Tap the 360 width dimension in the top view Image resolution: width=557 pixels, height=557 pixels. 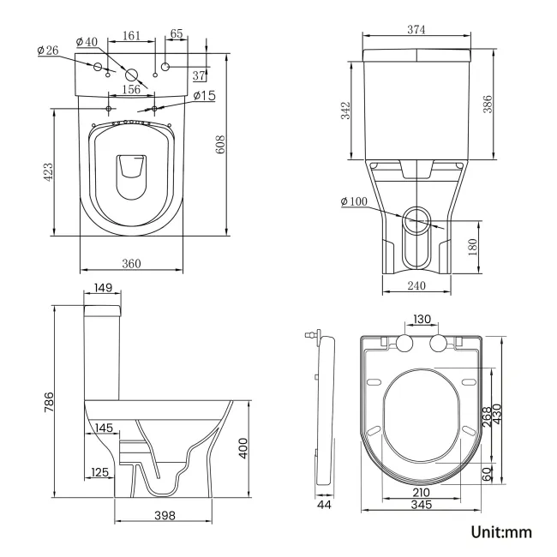coord(131,263)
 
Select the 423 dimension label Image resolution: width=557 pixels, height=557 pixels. coord(49,171)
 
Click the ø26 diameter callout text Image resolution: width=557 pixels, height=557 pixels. coord(47,51)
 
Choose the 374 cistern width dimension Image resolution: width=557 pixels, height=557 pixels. coord(417,30)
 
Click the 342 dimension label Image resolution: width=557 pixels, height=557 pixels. coord(345,111)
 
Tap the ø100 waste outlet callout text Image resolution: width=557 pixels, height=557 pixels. coord(354,201)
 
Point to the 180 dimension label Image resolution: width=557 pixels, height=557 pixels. coord(472,247)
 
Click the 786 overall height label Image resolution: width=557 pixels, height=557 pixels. coord(48,401)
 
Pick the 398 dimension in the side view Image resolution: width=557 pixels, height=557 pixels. coord(165,515)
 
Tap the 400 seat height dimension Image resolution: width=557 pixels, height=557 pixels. coord(243,446)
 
